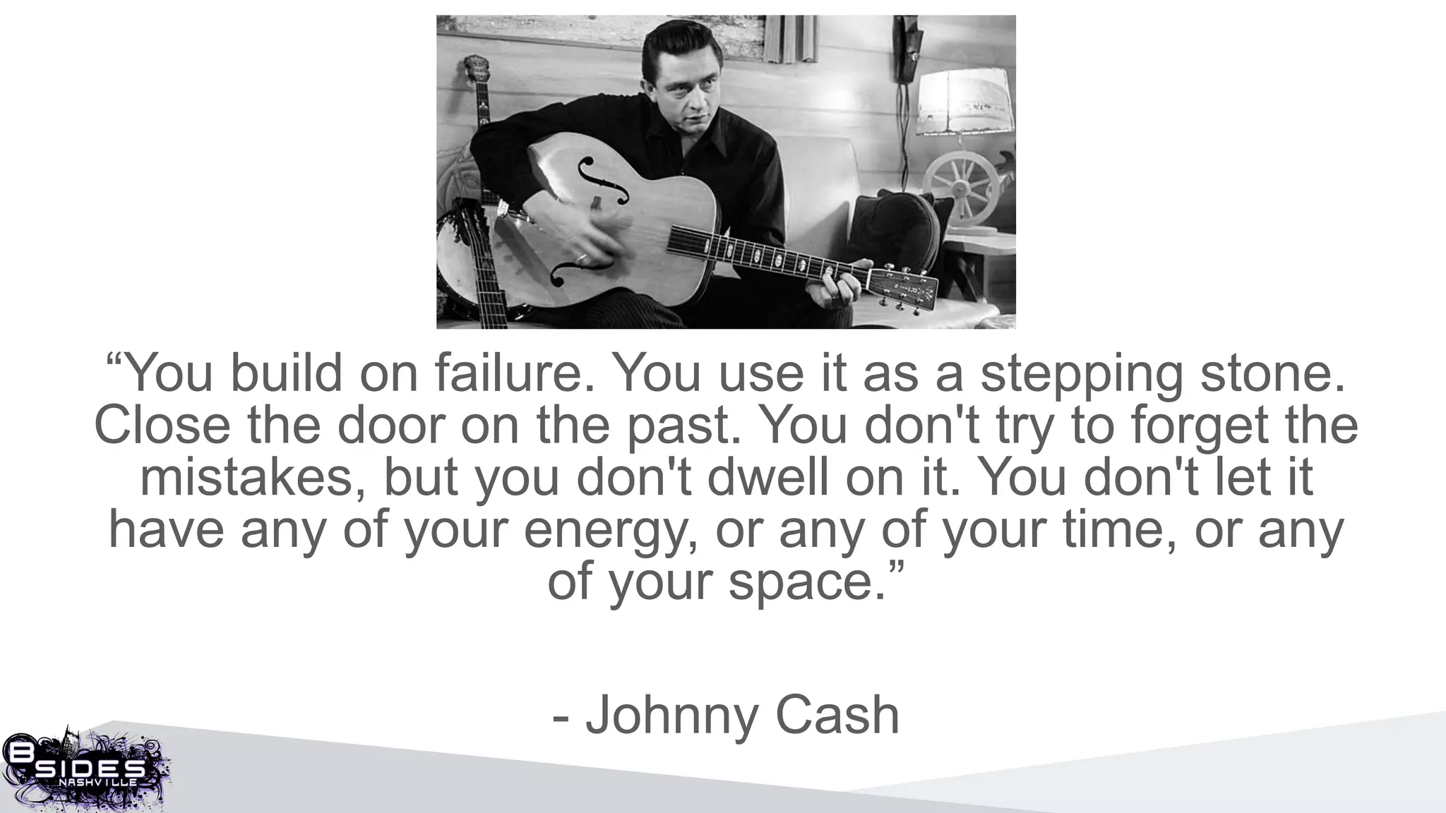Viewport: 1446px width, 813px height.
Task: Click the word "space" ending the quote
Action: pyautogui.click(x=806, y=583)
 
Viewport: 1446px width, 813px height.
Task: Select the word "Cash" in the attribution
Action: pyautogui.click(x=837, y=716)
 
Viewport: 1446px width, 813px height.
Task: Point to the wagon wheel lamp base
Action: pyautogui.click(x=960, y=182)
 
